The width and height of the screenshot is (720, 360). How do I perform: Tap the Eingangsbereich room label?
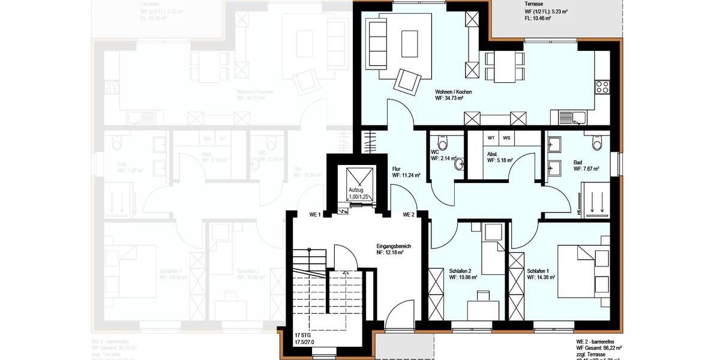click(x=394, y=246)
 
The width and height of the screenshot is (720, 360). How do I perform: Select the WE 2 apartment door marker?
click(x=409, y=214)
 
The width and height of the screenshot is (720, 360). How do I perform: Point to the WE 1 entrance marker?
click(x=315, y=214)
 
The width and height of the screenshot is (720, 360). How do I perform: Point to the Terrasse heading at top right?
click(x=534, y=4)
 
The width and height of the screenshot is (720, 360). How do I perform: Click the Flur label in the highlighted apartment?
click(x=397, y=169)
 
